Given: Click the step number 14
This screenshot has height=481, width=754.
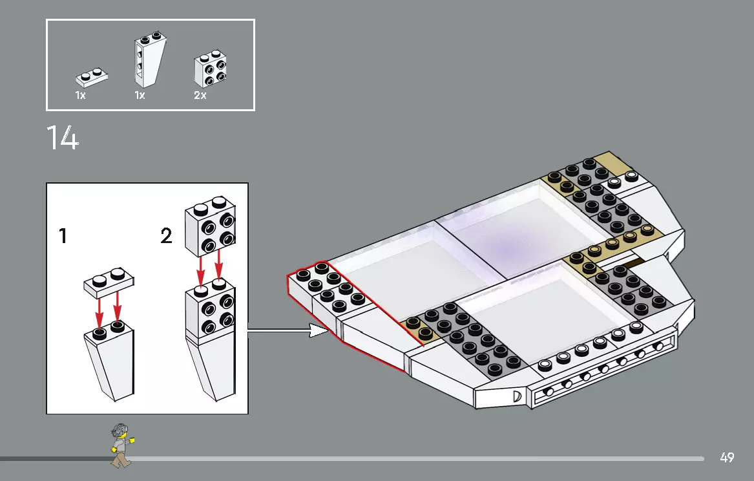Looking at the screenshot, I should tap(63, 138).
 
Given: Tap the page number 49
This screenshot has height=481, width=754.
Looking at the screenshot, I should tap(727, 458).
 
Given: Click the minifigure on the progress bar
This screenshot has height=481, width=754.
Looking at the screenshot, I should tap(121, 445).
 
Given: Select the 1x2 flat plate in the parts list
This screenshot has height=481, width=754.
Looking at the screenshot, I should tap(91, 77).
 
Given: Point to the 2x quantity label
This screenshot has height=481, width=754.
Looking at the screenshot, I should tap(200, 96).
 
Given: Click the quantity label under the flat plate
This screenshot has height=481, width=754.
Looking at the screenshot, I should tap(80, 96).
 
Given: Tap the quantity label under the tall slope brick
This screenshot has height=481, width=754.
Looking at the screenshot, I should tap(140, 96).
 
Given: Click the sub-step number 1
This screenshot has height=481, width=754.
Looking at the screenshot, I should tap(63, 237).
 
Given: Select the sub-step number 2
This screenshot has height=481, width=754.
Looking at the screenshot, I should tap(167, 237).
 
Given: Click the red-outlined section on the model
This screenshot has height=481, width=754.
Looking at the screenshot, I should tap(342, 304).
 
